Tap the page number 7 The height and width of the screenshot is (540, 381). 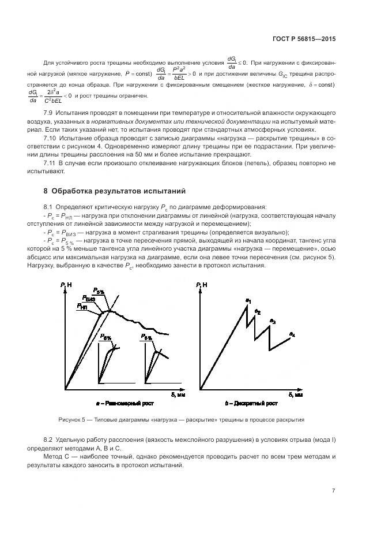334,491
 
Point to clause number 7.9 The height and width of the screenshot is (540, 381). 49,111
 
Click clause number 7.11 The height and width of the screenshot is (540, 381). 51,163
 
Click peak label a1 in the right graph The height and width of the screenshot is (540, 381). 248,300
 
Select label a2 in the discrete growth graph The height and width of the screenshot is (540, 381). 258,312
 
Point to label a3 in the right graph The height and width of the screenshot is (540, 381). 273,321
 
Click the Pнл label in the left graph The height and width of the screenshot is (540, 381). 82,307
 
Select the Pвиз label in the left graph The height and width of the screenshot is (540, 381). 88,299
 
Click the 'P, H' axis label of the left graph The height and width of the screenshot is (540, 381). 65,285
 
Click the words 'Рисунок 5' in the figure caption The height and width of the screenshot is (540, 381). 72,420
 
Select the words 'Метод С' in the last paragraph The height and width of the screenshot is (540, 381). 56,457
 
